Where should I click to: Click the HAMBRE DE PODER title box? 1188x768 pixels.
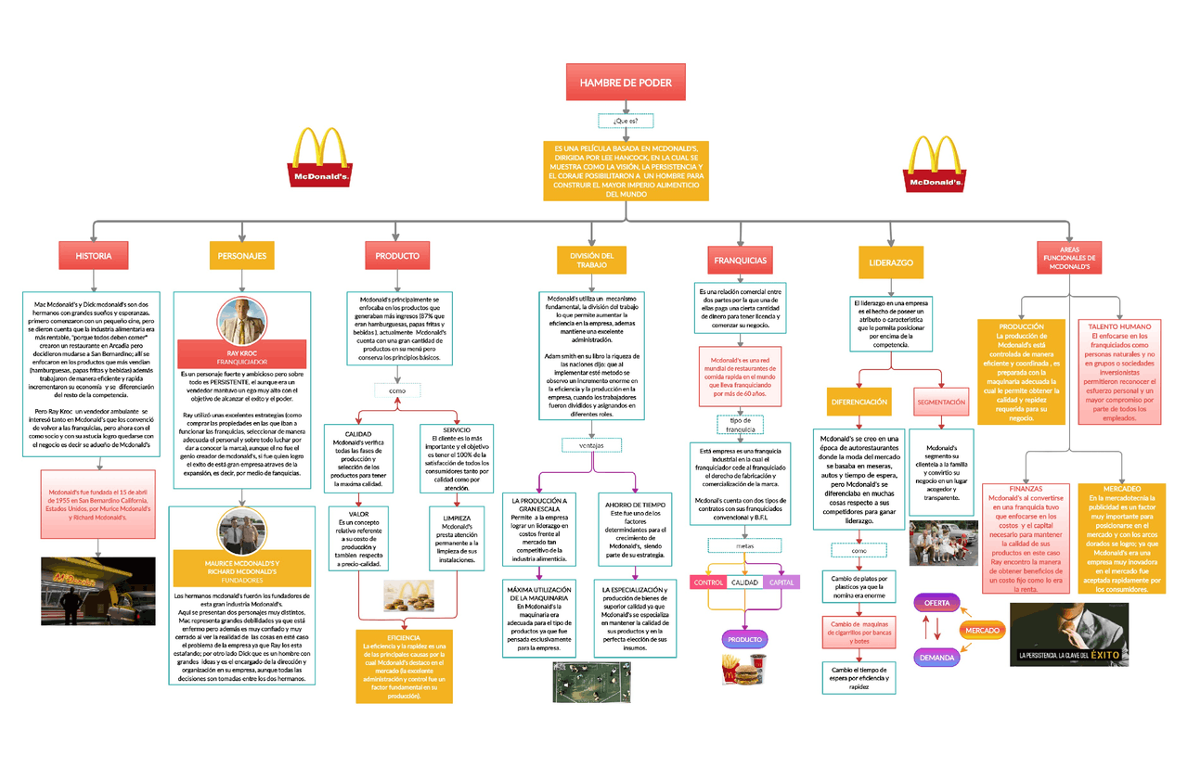coord(626,83)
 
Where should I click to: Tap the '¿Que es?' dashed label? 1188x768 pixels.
coord(626,121)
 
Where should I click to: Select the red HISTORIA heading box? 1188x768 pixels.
coord(94,255)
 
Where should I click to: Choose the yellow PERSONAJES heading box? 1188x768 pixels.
coord(241,255)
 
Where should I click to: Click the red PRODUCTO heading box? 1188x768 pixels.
coord(396,255)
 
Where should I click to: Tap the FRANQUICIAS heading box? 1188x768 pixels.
coord(740,261)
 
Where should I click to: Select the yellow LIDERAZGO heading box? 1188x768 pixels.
coord(890,262)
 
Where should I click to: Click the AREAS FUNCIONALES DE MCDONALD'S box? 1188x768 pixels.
coord(1068,257)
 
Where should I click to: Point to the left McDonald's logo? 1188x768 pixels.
coord(321,159)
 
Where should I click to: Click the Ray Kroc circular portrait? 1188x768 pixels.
coord(241,319)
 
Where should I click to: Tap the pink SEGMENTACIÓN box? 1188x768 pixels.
coord(941,403)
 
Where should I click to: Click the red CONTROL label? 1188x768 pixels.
coord(708,582)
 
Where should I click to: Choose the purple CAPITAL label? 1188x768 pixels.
coord(781,582)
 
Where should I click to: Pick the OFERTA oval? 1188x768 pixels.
coord(937,603)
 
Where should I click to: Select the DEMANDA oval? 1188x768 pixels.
coord(937,657)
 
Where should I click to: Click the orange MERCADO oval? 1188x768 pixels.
coord(982,630)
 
